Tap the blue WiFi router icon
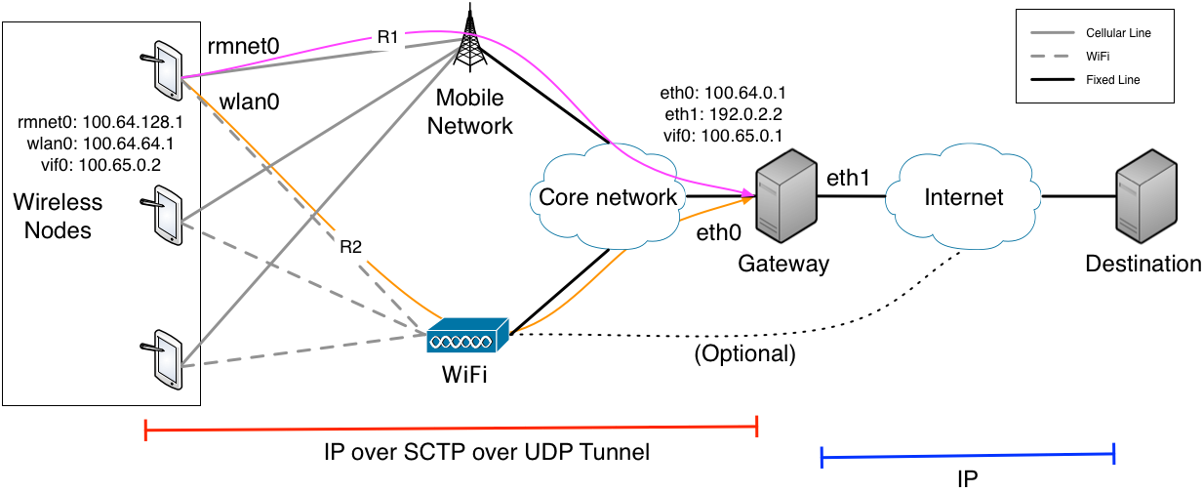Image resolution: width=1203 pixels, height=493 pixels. (467, 337)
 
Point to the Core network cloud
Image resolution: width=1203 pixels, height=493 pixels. (608, 198)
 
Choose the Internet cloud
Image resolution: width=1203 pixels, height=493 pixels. (962, 198)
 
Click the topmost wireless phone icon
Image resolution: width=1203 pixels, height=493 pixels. (164, 69)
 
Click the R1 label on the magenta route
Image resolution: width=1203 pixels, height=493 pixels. (388, 38)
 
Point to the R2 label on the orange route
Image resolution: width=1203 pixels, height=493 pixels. (350, 247)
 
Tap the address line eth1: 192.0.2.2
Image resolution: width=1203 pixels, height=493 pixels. (723, 114)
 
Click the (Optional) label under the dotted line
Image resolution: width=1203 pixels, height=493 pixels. (744, 354)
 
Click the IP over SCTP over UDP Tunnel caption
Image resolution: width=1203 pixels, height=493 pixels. (486, 453)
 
